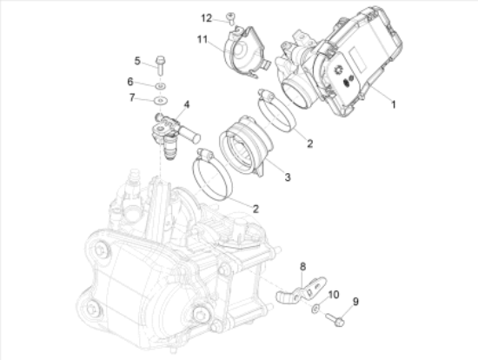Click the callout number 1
(x=393, y=104)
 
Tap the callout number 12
(x=206, y=18)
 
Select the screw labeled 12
(x=230, y=18)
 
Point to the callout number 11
(x=202, y=39)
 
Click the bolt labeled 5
(x=160, y=65)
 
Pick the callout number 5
(x=137, y=61)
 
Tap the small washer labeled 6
(x=161, y=86)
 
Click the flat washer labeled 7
(x=161, y=100)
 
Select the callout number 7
(x=132, y=97)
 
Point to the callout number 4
(x=187, y=104)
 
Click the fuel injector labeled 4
(x=176, y=135)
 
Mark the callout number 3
(x=288, y=177)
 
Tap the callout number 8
(x=302, y=267)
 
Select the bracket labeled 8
(x=302, y=290)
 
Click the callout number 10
(x=334, y=295)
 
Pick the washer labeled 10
(x=315, y=309)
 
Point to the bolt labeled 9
(x=335, y=319)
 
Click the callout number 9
(x=355, y=302)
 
